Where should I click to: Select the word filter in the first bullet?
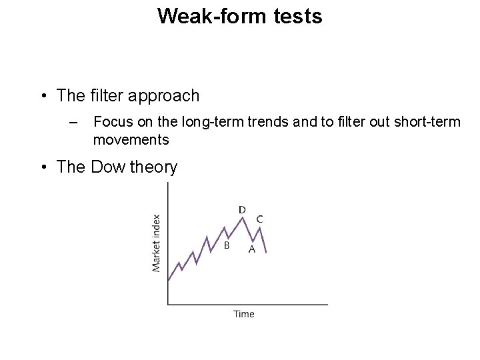click(x=109, y=96)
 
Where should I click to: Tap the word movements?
click(x=131, y=140)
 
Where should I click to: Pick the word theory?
click(x=153, y=167)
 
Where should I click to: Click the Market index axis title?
click(x=157, y=243)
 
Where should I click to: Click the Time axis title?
click(x=244, y=314)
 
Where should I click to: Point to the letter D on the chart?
click(x=242, y=210)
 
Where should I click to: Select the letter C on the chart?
click(x=259, y=219)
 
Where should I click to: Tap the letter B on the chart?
click(x=227, y=245)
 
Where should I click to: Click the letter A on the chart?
click(x=251, y=249)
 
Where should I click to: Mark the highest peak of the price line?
click(x=241, y=218)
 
